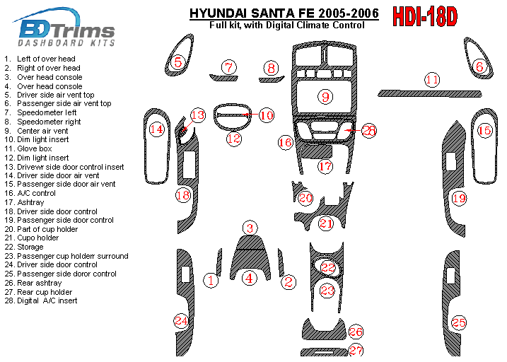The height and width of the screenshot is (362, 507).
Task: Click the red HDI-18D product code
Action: click(425, 16)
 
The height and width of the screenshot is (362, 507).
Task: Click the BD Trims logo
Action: click(64, 27)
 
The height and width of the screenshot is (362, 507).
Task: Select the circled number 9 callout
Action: click(325, 97)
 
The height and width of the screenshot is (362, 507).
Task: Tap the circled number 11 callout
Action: click(432, 80)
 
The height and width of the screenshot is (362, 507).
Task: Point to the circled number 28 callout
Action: click(368, 131)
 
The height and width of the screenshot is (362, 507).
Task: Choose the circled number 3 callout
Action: click(250, 228)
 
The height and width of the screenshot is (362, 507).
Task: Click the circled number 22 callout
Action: click(328, 267)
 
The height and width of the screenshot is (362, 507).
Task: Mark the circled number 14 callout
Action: click(157, 129)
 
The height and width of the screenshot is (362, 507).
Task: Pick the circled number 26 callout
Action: click(356, 332)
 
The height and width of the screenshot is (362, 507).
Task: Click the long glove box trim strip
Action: click(430, 94)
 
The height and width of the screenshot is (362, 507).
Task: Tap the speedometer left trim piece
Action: click(223, 78)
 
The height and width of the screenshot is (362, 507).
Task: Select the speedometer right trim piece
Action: click(272, 79)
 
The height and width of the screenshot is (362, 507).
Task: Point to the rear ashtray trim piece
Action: click(324, 330)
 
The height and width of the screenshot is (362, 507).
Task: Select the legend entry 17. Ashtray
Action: click(24, 203)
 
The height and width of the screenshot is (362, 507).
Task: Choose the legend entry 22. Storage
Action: click(24, 247)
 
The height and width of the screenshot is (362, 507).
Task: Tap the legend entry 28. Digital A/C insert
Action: click(41, 300)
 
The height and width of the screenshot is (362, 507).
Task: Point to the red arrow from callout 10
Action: click(250, 114)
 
